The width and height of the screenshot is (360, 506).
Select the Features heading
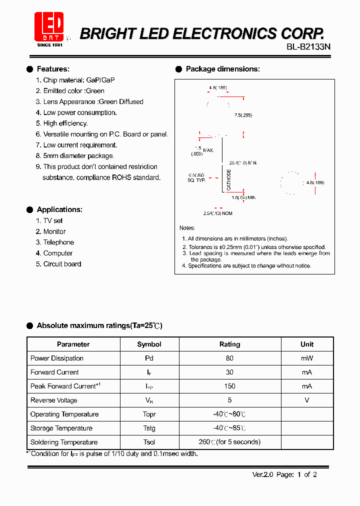(x=53, y=69)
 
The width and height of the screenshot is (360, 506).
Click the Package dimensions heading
(x=222, y=69)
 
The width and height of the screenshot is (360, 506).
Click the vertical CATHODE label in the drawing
(x=229, y=180)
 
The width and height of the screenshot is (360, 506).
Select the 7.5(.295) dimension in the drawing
(x=243, y=115)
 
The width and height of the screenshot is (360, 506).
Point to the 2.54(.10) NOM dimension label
(x=217, y=213)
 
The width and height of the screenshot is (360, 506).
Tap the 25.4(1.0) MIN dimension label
(x=243, y=163)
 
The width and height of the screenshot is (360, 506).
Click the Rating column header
(x=230, y=344)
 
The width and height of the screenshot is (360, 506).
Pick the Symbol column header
(x=149, y=344)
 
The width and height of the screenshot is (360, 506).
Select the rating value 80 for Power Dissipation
(x=230, y=358)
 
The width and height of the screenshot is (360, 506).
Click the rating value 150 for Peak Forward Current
(x=230, y=386)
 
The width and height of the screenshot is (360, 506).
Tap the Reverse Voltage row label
(x=53, y=400)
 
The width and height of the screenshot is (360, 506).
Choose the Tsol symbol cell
(x=149, y=442)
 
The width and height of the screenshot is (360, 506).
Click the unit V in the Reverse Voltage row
(x=307, y=400)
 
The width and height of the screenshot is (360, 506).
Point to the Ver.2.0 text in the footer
(x=262, y=475)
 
